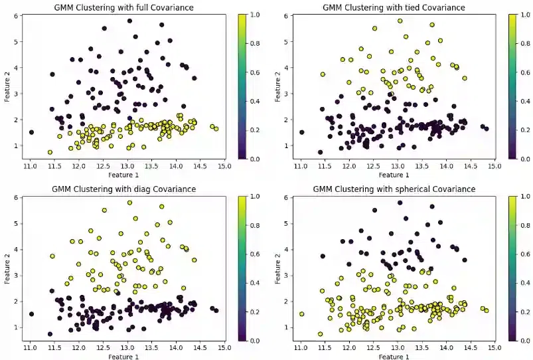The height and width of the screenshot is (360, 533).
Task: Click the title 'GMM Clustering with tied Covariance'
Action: (394, 7)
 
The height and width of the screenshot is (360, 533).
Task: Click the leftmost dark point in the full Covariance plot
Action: (31, 132)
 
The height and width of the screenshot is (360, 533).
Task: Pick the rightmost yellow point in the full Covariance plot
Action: (216, 129)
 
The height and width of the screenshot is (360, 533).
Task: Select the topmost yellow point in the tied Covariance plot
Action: (400, 21)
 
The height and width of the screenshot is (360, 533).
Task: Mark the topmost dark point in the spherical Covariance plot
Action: (400, 202)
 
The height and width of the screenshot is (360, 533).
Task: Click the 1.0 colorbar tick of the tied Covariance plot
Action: (524, 14)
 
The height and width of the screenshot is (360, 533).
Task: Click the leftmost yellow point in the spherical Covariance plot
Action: (301, 314)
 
